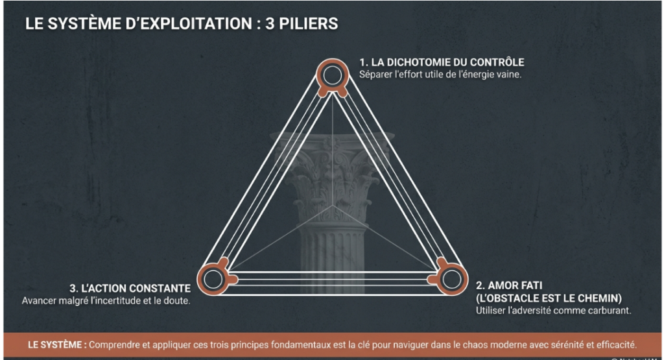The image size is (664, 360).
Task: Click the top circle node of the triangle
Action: (333, 77)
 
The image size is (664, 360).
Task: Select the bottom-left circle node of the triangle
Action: (212, 280)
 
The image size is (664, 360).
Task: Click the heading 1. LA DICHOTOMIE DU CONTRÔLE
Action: (442, 62)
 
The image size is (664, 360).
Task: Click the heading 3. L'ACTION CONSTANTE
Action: (130, 288)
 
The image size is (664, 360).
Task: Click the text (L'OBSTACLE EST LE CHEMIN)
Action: (549, 298)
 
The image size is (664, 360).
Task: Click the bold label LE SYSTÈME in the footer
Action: (56, 344)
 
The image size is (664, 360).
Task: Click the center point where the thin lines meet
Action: (333, 206)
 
